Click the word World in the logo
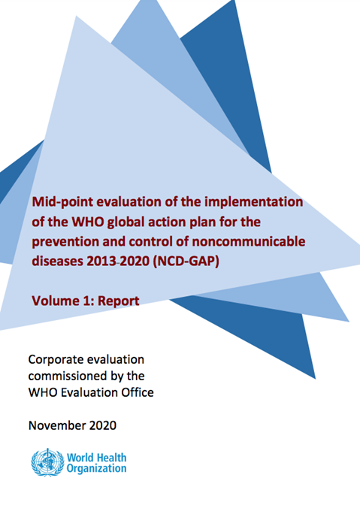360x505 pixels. point(81,456)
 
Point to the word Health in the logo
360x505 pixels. point(112,456)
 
